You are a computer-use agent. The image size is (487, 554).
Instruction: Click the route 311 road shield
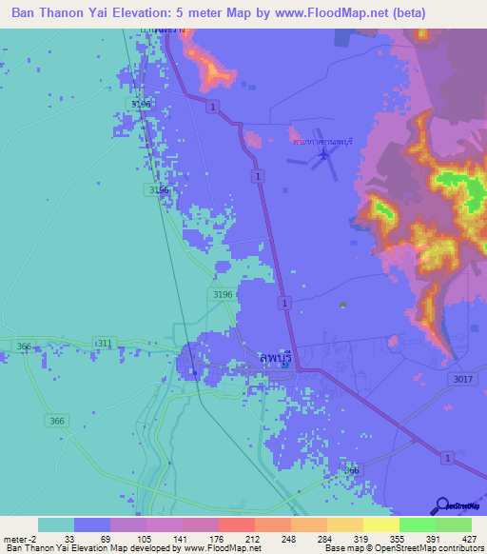[103, 343]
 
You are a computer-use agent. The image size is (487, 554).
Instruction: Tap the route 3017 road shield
[461, 379]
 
